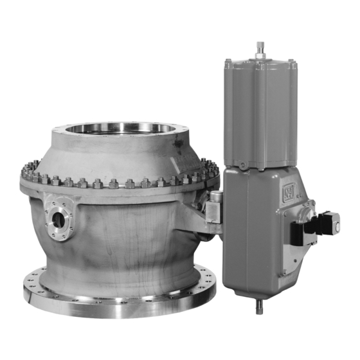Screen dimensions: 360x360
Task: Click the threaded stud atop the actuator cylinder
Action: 260,50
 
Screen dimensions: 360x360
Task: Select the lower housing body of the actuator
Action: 260,231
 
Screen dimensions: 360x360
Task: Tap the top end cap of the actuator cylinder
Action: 260,64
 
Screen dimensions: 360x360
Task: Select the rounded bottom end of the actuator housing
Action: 260,289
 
